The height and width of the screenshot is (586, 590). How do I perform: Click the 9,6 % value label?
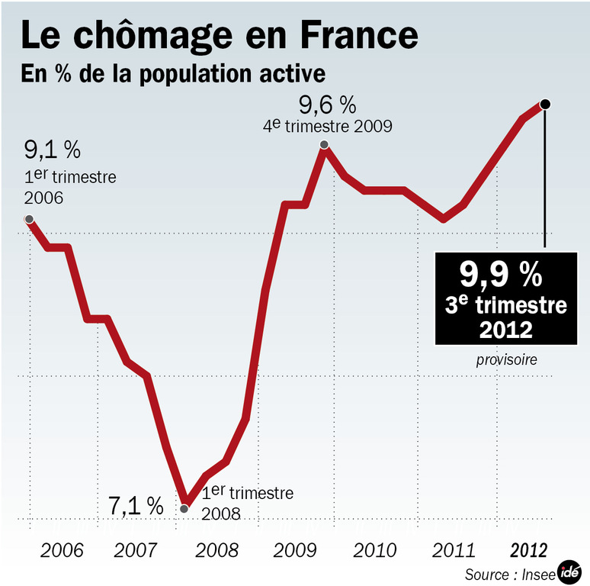pyautogui.click(x=327, y=103)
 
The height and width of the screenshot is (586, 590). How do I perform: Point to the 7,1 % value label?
pyautogui.click(x=136, y=505)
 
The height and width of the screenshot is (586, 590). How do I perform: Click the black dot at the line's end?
pyautogui.click(x=545, y=104)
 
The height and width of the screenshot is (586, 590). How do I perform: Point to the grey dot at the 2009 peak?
pyautogui.click(x=324, y=144)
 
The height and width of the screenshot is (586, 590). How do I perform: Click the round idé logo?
pyautogui.click(x=569, y=572)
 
